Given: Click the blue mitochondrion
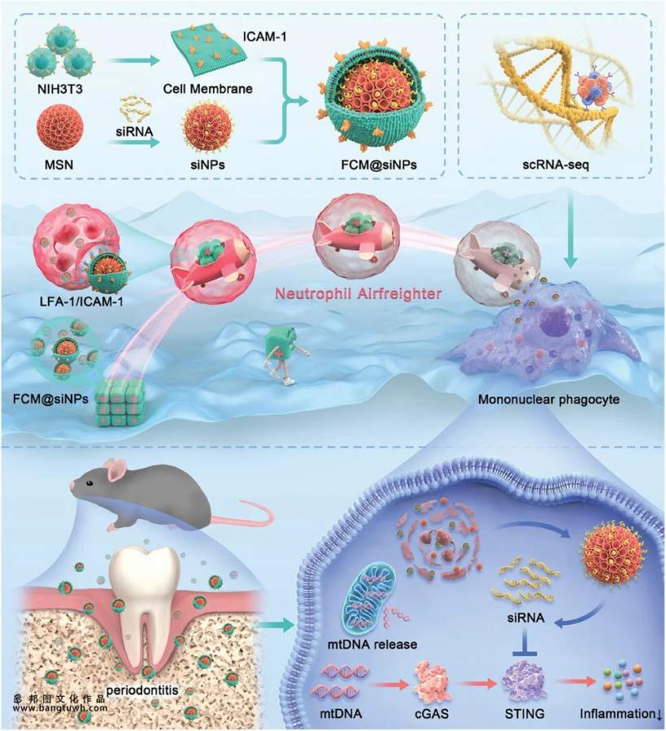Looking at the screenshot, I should (x=382, y=598).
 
